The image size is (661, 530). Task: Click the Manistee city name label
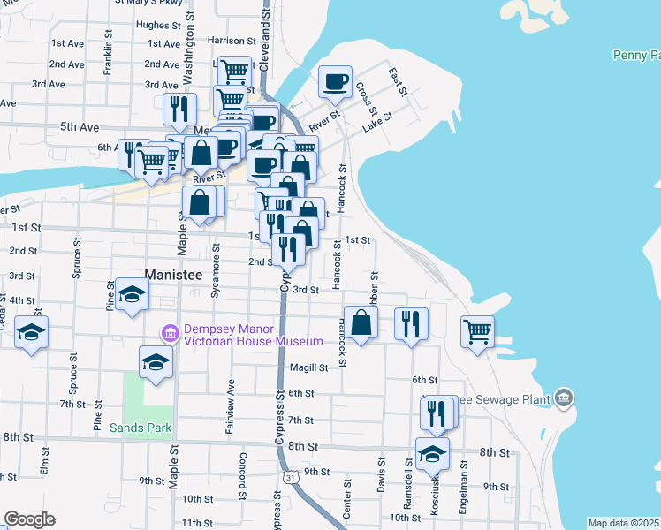coord(174,275)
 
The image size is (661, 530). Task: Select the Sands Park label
coord(141,428)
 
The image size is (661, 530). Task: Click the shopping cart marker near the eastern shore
coord(477,333)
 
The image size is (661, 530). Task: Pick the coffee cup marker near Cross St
coord(335,83)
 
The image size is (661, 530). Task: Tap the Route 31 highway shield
coord(290,478)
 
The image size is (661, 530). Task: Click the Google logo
coord(29,519)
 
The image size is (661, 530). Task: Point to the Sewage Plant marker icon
coord(563,399)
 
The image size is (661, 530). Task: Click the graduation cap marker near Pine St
coord(132,294)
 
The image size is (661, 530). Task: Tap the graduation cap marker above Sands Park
coord(156,362)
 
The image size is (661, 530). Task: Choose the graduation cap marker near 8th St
coord(432,454)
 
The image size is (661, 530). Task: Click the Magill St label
coord(308,367)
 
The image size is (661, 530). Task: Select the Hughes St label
coord(158,26)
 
